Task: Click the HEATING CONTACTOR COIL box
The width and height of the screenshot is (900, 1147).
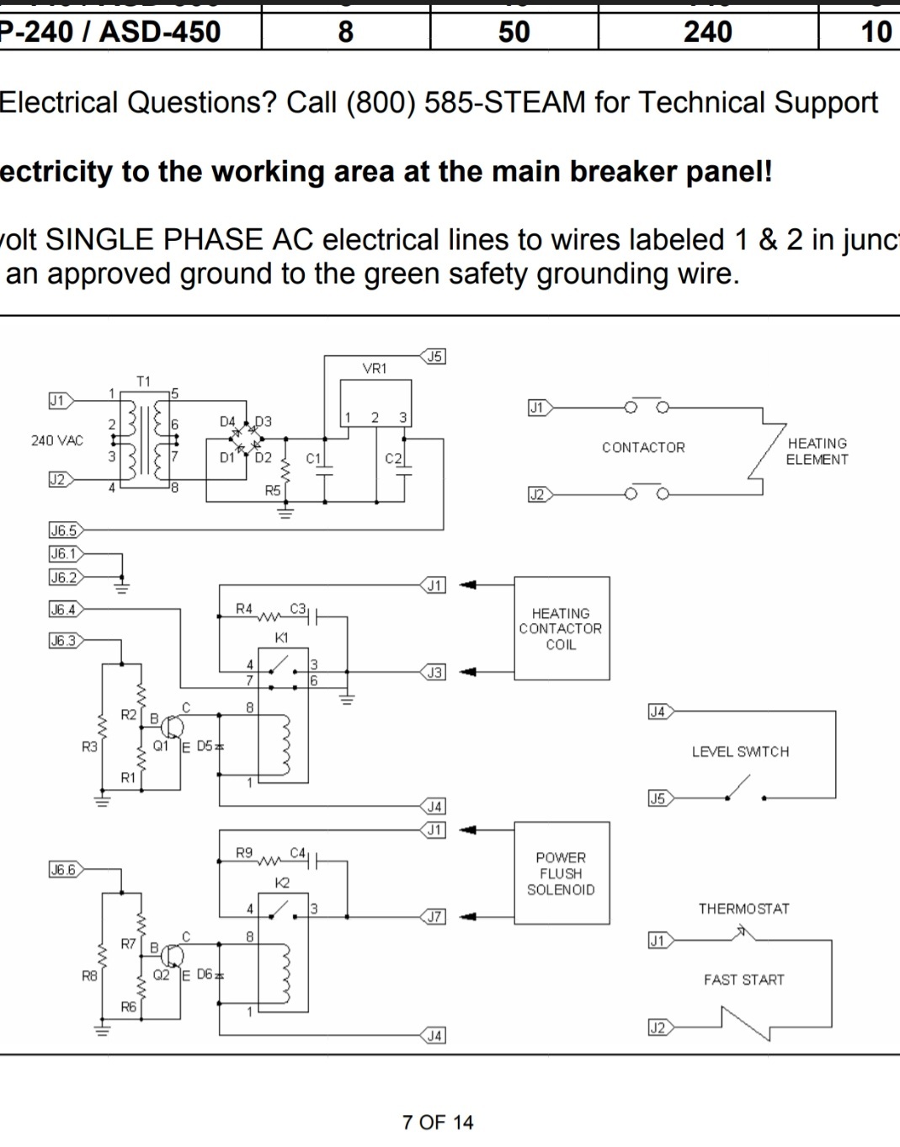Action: (x=562, y=628)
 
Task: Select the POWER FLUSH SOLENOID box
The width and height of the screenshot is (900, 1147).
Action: (x=562, y=873)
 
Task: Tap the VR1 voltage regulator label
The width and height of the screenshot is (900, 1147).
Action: (x=375, y=369)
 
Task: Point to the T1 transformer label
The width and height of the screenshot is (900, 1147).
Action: (x=144, y=381)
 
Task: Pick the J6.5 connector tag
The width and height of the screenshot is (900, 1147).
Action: (x=63, y=531)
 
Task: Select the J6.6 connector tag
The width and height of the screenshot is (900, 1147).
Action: (x=63, y=870)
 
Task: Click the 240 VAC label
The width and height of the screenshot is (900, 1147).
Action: (x=57, y=440)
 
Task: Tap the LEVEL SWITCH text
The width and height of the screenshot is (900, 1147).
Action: (x=740, y=752)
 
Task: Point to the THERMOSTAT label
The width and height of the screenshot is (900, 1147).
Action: (x=743, y=909)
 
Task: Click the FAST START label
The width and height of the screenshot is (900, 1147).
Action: (x=743, y=979)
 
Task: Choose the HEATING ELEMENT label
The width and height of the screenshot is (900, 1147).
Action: (x=817, y=451)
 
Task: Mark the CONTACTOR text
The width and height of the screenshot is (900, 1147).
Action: (x=643, y=447)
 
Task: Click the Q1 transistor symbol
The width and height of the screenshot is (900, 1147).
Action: (x=173, y=726)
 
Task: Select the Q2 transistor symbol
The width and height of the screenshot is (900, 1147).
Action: (x=173, y=955)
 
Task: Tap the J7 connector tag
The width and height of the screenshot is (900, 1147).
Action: (x=434, y=916)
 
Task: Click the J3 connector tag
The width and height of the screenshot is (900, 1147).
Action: (x=434, y=672)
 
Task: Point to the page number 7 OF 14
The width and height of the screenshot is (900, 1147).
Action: (x=438, y=1123)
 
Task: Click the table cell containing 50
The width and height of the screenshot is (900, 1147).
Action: (x=514, y=32)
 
